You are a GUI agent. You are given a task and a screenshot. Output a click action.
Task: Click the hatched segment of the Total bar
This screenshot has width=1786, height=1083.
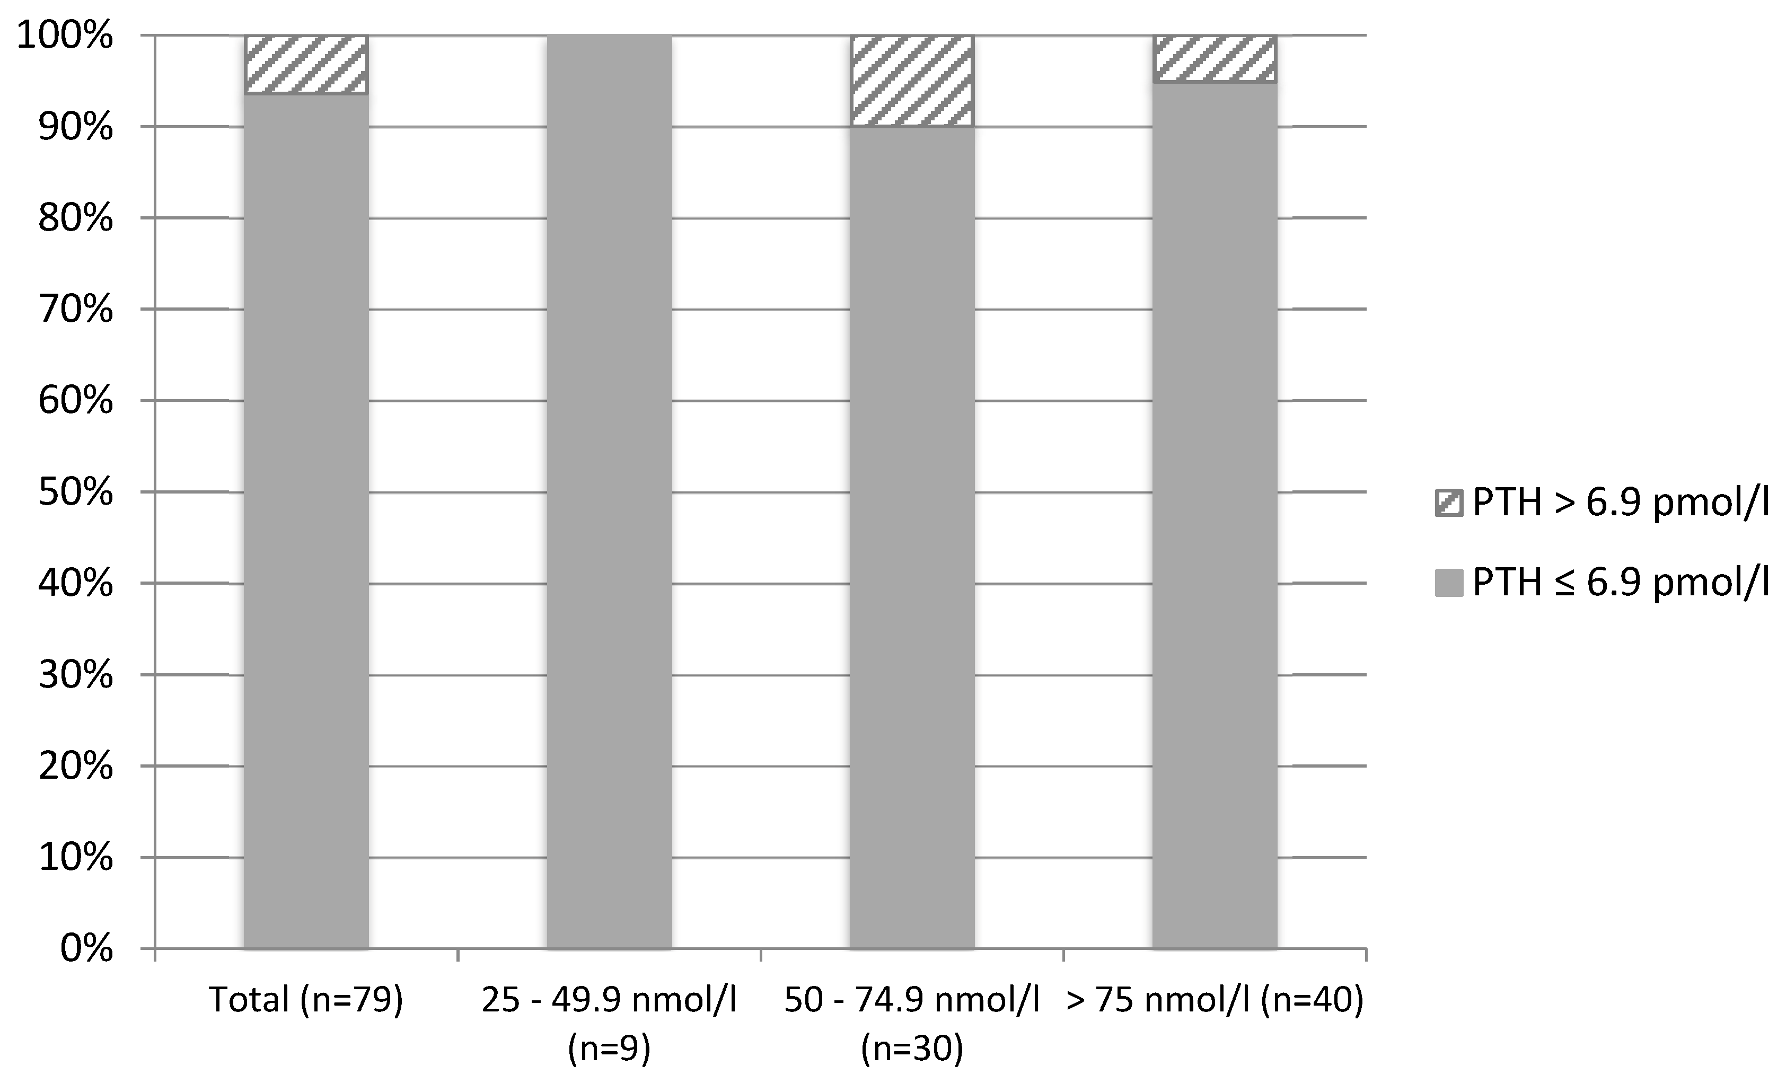point(306,65)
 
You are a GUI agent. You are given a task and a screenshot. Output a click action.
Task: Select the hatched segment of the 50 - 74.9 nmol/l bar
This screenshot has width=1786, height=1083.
point(911,81)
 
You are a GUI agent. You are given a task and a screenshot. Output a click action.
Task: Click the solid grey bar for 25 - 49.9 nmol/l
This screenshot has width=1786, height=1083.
point(609,493)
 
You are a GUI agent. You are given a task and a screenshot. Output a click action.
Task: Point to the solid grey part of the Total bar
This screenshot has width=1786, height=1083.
point(306,522)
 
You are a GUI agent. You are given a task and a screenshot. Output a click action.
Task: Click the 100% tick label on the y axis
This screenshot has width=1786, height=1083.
point(65,36)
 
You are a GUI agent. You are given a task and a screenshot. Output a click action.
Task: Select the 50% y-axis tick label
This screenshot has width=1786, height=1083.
point(75,493)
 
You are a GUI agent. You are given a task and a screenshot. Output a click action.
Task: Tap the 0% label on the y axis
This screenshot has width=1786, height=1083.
point(85,949)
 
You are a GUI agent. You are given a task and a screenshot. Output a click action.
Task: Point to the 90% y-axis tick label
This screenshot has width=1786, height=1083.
point(75,128)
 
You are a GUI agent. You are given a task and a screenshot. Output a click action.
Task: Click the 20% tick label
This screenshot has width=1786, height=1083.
point(75,766)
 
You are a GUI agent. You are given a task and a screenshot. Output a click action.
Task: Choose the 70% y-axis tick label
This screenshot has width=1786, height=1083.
point(75,310)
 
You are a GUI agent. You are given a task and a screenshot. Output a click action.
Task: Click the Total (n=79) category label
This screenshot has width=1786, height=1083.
point(306,1000)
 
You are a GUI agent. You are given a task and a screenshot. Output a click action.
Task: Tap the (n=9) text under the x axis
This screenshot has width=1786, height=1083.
point(609,1049)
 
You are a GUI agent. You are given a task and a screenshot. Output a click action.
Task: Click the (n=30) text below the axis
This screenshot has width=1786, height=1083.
point(912,1049)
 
